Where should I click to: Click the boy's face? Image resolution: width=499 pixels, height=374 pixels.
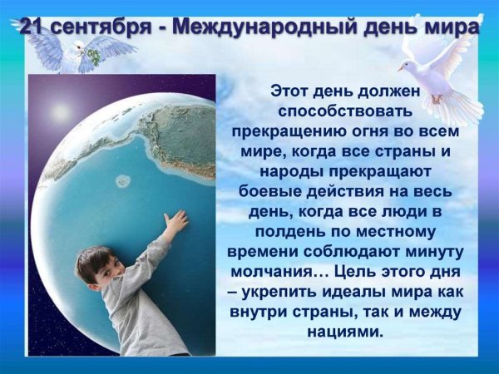tap(93, 273)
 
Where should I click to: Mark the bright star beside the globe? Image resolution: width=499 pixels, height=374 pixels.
tap(59, 110)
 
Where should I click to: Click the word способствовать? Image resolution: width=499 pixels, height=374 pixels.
tap(347, 111)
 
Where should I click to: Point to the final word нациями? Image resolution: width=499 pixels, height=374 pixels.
tap(347, 332)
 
